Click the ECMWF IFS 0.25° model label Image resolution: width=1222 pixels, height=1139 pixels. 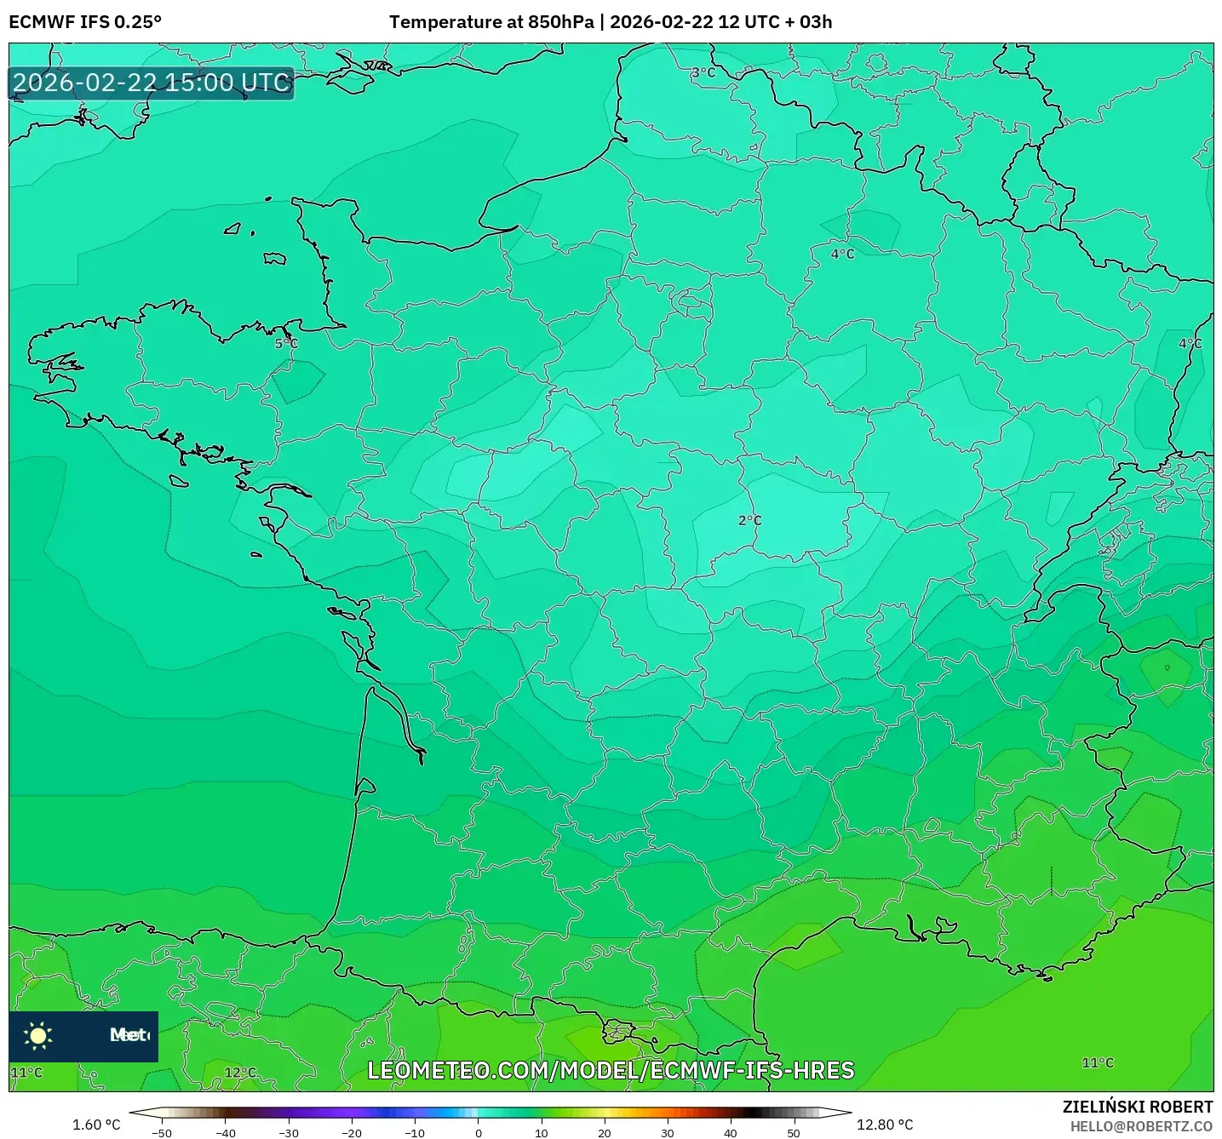coord(84,22)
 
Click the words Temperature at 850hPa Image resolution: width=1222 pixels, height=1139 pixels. coord(491,22)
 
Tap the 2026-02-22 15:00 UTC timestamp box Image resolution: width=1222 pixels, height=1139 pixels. coord(152,83)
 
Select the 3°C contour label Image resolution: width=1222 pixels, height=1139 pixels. coord(703,73)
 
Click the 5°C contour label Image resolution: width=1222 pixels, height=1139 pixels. coord(286,344)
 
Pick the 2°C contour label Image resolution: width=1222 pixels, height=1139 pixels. coord(749,521)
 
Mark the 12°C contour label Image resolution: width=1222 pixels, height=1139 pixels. coord(239,1073)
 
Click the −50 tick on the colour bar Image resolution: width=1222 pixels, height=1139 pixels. coord(161,1132)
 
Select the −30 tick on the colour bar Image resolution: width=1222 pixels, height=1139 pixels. coord(288,1132)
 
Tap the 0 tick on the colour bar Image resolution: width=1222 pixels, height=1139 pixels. coord(478,1132)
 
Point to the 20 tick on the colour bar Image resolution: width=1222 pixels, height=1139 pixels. coord(604,1132)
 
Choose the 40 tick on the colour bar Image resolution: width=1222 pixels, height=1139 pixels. coord(730,1132)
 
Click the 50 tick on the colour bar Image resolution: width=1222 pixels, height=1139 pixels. coord(793,1132)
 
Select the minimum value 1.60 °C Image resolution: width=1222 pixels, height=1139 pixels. coord(96,1125)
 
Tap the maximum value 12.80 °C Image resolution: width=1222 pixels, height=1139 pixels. coord(884,1125)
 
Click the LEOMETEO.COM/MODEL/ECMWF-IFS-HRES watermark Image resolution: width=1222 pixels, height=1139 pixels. coord(611,1070)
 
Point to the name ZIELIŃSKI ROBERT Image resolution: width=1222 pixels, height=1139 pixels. coord(1137,1107)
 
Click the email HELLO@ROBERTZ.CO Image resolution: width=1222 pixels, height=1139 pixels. coord(1140,1126)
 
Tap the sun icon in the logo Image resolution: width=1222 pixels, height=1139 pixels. coord(38,1035)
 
